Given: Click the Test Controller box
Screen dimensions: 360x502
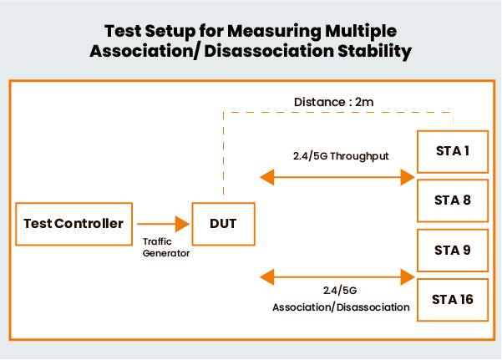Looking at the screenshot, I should (74, 223).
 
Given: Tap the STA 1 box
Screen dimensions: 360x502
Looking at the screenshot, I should (453, 152).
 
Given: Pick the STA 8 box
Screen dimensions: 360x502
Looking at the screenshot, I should (453, 200).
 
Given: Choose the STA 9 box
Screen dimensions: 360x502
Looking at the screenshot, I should (453, 249).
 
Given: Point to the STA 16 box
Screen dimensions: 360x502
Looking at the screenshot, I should (453, 297).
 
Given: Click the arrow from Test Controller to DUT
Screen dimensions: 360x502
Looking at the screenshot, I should (163, 223).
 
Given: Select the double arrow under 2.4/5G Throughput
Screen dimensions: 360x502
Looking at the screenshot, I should (337, 177).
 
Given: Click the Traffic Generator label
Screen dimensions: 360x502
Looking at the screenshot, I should (162, 249).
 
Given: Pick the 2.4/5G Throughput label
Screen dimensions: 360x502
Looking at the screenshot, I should (338, 155).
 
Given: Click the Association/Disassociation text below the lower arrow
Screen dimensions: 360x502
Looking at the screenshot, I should (341, 307).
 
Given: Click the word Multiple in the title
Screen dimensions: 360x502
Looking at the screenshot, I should (361, 32).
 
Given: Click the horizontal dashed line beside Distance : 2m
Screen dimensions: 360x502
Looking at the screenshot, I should (251, 111).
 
